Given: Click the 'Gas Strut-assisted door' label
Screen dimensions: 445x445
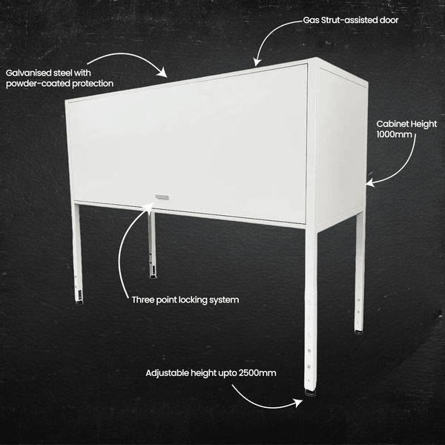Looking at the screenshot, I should [350, 20].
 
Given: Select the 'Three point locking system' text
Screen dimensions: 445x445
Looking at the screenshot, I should [185, 300].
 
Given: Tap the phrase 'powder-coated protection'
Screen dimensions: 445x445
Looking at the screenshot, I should [59, 84].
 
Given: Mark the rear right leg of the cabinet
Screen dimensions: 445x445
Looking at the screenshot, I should [360, 267].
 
